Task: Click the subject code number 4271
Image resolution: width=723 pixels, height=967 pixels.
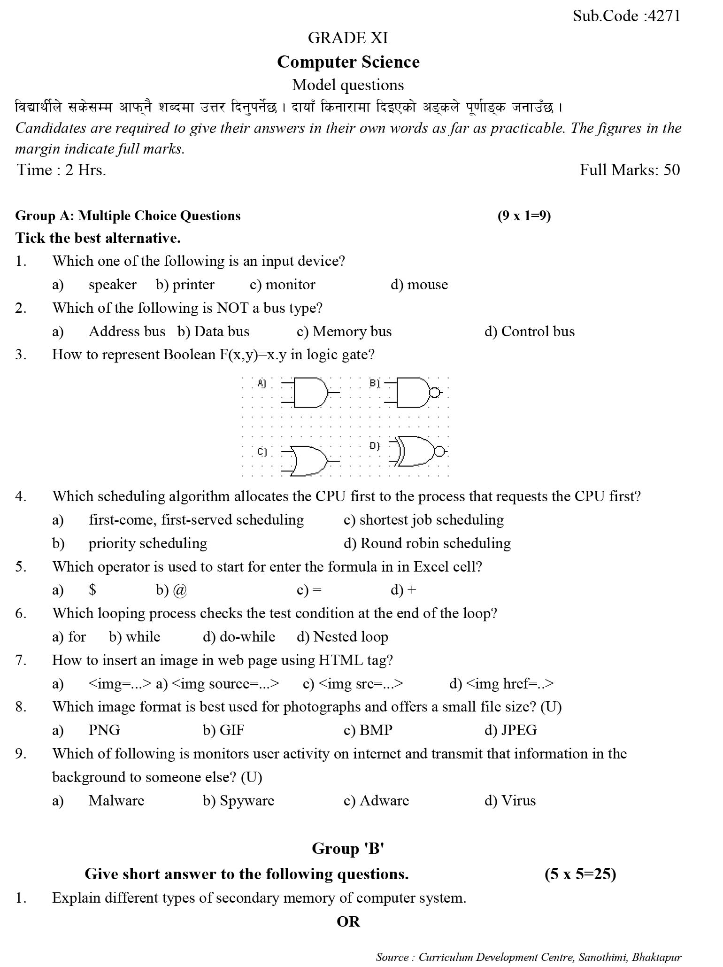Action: click(663, 16)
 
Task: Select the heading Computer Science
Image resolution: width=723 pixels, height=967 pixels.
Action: click(348, 62)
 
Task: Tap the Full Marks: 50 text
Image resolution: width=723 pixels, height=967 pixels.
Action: click(629, 170)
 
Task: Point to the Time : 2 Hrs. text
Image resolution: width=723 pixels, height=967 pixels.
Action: click(62, 170)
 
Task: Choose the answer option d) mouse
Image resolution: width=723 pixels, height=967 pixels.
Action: click(419, 285)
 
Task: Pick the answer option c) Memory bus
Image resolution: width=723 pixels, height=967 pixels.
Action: click(344, 332)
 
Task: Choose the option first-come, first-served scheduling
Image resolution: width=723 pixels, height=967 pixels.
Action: click(196, 520)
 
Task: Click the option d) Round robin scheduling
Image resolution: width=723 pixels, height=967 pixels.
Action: click(427, 543)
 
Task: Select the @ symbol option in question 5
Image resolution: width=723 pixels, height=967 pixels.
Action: click(179, 590)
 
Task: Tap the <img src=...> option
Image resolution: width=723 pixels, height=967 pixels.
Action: click(360, 684)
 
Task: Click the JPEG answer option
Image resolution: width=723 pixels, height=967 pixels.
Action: click(518, 730)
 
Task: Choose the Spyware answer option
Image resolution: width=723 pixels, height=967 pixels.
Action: click(246, 801)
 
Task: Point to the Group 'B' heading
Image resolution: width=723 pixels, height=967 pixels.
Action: click(348, 849)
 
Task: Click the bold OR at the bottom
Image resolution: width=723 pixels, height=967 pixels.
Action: click(348, 921)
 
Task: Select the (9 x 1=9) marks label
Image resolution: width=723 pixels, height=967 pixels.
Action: click(524, 216)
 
